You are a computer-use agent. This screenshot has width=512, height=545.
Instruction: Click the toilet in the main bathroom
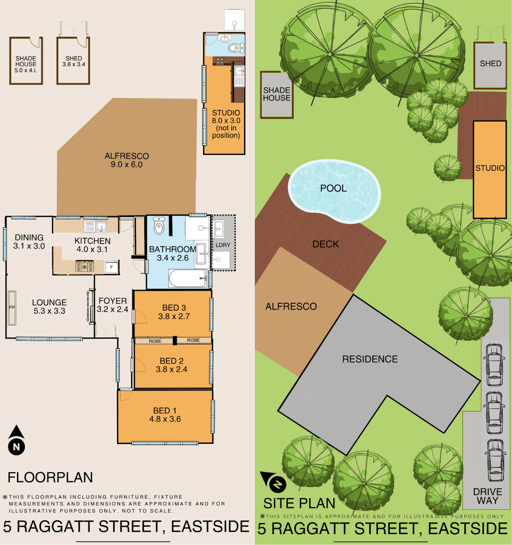(x=159, y=225)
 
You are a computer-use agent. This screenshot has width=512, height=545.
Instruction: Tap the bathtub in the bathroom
(x=188, y=278)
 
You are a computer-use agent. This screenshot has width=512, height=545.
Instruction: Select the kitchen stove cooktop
(x=85, y=266)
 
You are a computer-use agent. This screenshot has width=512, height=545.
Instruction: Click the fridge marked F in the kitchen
(x=112, y=267)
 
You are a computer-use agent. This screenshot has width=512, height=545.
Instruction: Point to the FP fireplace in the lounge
(x=12, y=308)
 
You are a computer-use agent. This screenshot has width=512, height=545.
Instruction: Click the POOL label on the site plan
(x=333, y=188)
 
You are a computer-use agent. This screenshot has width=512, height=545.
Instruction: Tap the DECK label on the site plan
(x=326, y=244)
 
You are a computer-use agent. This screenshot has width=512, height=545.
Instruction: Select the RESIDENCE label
(x=370, y=359)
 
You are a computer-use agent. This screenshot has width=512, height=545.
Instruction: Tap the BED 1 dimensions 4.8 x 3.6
(x=165, y=419)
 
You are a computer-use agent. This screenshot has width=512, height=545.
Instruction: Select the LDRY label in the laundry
(x=223, y=245)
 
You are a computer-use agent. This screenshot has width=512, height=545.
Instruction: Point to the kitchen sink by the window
(x=95, y=227)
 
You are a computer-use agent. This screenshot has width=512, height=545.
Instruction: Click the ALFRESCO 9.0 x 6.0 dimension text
(x=127, y=165)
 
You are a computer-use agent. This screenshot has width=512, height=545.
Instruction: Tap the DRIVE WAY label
(x=488, y=496)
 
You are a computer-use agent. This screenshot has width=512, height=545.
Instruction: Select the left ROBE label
(x=155, y=341)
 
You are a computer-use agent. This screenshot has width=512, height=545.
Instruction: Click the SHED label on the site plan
(x=491, y=64)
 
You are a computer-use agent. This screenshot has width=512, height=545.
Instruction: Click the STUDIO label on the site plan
(x=490, y=168)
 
